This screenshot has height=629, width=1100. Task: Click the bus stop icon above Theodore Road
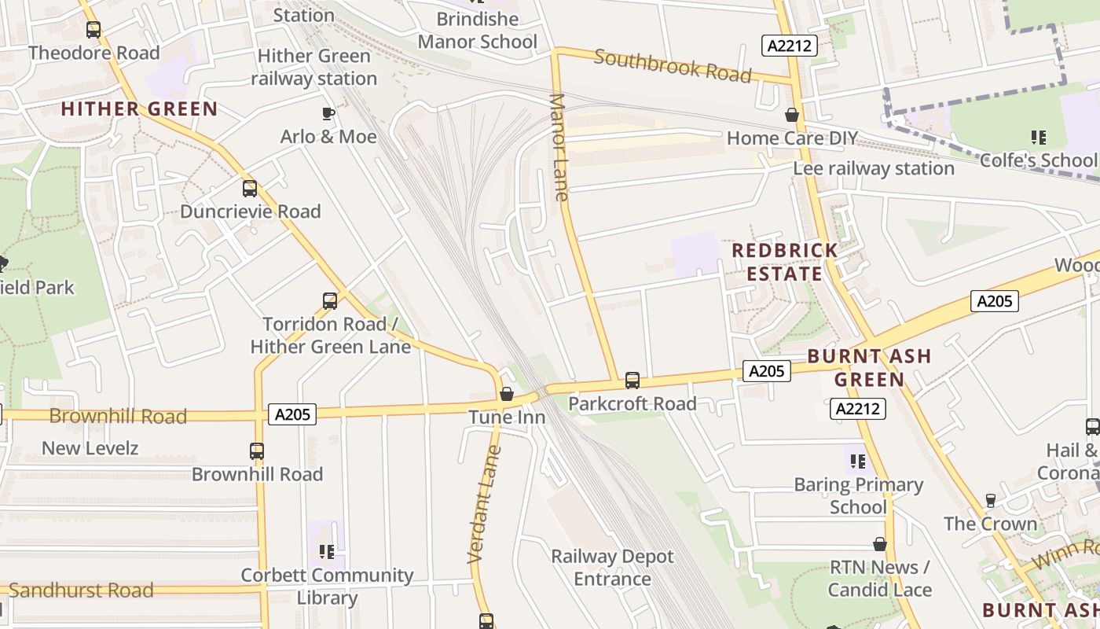pyautogui.click(x=93, y=30)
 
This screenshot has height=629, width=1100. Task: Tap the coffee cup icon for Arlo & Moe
pyautogui.click(x=328, y=114)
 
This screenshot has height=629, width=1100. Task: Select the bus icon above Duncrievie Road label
pyautogui.click(x=250, y=189)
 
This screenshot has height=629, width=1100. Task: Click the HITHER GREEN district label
pyautogui.click(x=139, y=109)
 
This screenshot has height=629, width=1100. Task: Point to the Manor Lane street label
pyautogui.click(x=559, y=147)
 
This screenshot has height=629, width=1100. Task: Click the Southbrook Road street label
pyautogui.click(x=673, y=66)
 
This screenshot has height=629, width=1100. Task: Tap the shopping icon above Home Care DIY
pyautogui.click(x=792, y=116)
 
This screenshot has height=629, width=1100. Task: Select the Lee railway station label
pyautogui.click(x=873, y=168)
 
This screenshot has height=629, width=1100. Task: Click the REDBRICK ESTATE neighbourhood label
pyautogui.click(x=784, y=262)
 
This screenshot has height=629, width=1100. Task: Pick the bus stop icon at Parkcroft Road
pyautogui.click(x=632, y=381)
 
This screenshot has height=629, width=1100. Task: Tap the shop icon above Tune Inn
pyautogui.click(x=507, y=394)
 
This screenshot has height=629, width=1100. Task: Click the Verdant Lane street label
pyautogui.click(x=484, y=504)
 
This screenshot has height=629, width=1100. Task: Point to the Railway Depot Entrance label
pyautogui.click(x=612, y=568)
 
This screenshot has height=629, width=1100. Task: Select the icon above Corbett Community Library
pyautogui.click(x=327, y=551)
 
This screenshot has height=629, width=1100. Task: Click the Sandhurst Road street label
pyautogui.click(x=81, y=590)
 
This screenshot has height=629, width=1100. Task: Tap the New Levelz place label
pyautogui.click(x=90, y=448)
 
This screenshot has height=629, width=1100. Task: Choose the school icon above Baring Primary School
pyautogui.click(x=857, y=462)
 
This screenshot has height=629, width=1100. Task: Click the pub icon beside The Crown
pyautogui.click(x=991, y=501)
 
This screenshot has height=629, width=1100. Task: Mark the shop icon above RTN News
pyautogui.click(x=880, y=544)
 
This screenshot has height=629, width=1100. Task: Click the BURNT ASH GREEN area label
pyautogui.click(x=869, y=368)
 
